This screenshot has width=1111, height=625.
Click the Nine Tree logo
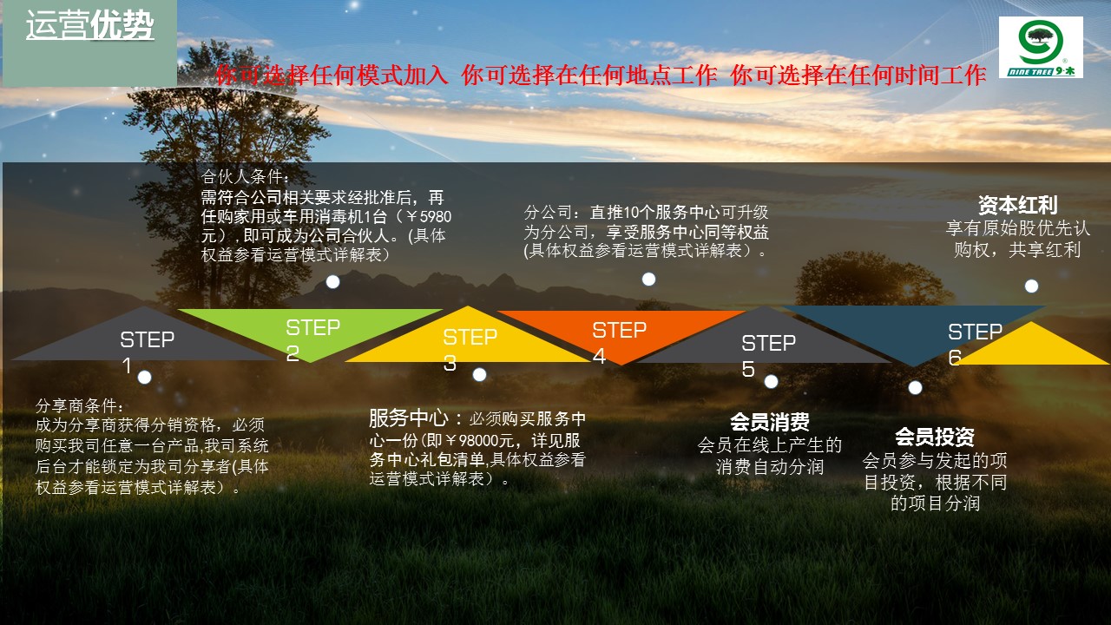(1041, 47)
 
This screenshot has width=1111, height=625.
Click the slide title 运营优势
(89, 25)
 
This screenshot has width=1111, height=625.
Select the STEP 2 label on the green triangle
(313, 339)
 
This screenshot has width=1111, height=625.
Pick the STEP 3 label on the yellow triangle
(470, 350)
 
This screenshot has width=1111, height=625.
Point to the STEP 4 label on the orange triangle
(620, 342)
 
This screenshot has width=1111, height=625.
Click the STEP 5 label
(768, 355)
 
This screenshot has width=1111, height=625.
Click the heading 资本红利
(1018, 205)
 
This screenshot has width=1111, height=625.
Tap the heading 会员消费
(770, 422)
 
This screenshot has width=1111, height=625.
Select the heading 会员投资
(935, 437)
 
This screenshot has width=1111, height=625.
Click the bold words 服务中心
(409, 418)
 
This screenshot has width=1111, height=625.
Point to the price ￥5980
(428, 217)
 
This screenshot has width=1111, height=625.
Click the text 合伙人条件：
(245, 176)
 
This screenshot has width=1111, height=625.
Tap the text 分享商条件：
(79, 405)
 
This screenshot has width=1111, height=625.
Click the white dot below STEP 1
(144, 378)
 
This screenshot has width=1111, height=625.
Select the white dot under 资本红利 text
(1032, 286)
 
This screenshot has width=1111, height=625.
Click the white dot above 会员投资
(915, 388)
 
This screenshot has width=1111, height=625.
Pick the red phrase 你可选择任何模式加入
(332, 76)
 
